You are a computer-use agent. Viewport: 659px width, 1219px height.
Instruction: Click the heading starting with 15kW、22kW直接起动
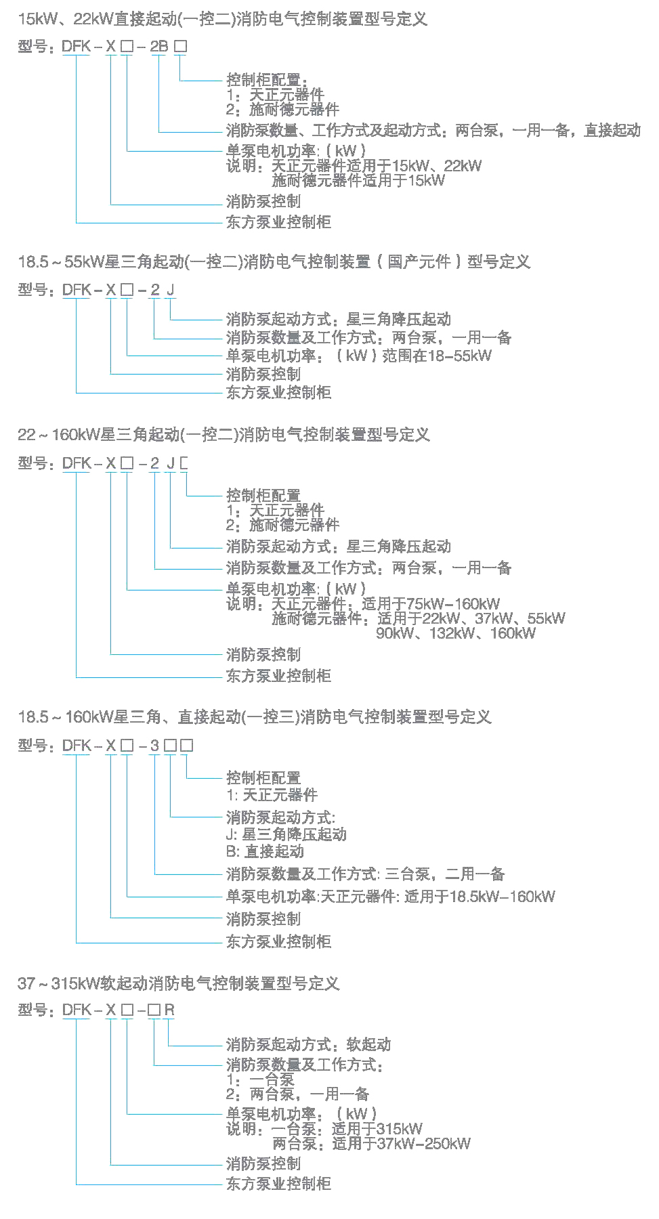(223, 19)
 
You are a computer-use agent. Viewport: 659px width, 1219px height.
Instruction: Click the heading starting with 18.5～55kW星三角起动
(274, 262)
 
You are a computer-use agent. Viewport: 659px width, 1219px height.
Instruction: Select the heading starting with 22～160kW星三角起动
(224, 435)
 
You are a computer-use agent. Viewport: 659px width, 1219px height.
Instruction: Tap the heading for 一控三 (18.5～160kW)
(254, 717)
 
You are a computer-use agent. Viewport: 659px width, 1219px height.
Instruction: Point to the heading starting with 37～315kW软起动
(178, 983)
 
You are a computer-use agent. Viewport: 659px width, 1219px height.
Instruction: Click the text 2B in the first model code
(158, 47)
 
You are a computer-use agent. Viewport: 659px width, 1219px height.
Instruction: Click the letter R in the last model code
(169, 1010)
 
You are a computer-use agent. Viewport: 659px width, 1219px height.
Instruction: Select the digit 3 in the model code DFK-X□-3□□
(155, 746)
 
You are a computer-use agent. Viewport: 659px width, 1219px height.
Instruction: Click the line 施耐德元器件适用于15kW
(358, 180)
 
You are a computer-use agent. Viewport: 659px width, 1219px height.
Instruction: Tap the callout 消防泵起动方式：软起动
(308, 1044)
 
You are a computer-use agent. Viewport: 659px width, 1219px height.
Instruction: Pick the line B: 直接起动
(265, 851)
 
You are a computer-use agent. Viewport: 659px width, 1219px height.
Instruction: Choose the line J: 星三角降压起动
(286, 834)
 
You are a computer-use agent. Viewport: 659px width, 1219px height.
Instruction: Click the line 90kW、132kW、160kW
(456, 633)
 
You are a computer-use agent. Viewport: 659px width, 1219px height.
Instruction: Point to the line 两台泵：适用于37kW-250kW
(371, 1144)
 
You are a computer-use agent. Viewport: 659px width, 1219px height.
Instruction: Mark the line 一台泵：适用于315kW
(347, 1129)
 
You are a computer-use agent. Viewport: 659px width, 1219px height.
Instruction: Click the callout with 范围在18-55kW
(359, 356)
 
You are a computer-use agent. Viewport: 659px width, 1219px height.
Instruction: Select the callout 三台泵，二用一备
(366, 874)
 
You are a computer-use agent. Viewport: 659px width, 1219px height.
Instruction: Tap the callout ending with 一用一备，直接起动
(433, 130)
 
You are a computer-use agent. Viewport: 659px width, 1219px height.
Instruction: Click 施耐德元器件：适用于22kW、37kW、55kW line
(419, 618)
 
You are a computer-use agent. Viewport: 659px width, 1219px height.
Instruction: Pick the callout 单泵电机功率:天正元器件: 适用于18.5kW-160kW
(390, 897)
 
